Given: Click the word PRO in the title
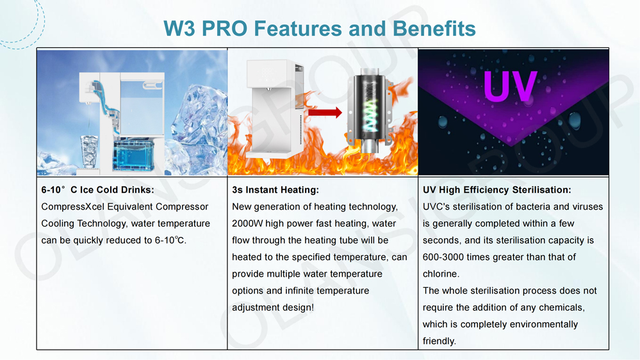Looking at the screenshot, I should (224, 29).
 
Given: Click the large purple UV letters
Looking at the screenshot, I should (509, 86).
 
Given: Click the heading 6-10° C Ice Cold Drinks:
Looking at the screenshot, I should (97, 190).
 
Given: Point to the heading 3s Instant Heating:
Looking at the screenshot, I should (275, 190).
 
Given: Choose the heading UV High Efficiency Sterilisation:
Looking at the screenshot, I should (497, 190).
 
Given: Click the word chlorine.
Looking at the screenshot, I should (441, 274).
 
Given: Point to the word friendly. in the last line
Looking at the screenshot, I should (439, 341).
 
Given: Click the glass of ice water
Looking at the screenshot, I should (89, 151).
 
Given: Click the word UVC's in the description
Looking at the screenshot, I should (438, 207).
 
